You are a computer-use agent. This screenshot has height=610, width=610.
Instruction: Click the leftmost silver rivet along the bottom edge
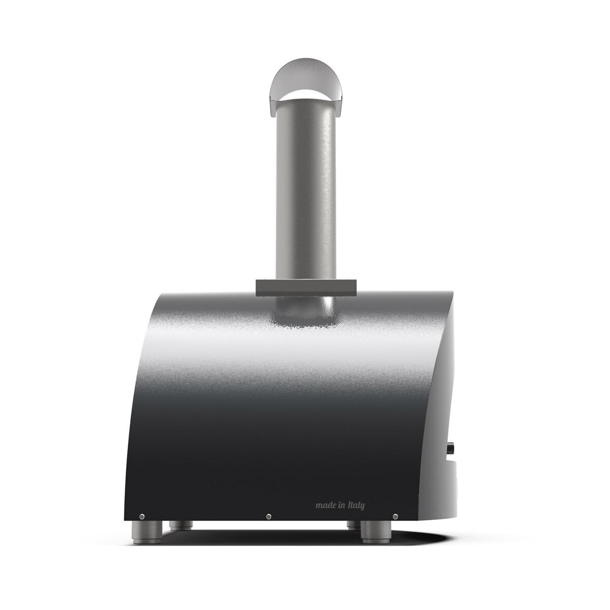[x=142, y=516]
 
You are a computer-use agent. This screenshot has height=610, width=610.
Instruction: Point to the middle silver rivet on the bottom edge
[x=268, y=516]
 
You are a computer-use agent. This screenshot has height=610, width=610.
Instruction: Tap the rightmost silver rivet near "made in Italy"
[x=395, y=516]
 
